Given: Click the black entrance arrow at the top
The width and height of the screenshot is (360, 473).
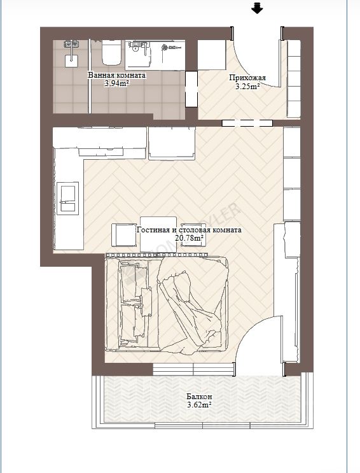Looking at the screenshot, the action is (x=257, y=8).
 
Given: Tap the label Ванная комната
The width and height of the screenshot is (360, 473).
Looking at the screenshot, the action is (x=116, y=75).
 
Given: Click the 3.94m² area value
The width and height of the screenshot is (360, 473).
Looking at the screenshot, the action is (x=116, y=83).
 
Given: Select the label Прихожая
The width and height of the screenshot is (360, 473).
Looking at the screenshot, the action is (x=247, y=78).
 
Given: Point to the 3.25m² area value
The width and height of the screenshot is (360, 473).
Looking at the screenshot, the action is (x=247, y=87).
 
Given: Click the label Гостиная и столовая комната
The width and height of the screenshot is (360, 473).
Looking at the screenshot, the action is (x=189, y=230).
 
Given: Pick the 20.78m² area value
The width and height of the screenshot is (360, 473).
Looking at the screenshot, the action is (x=189, y=238).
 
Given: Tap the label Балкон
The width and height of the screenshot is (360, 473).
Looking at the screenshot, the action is (x=199, y=397).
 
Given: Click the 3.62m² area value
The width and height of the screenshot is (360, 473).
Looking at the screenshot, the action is (x=199, y=405).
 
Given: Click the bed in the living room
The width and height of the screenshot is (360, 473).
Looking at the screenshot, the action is (x=167, y=302).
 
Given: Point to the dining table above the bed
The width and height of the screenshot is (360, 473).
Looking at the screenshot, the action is (x=158, y=234).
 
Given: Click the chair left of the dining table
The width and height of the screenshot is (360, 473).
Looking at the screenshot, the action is (x=124, y=236).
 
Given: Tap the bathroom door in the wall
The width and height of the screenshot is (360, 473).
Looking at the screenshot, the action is (x=191, y=89).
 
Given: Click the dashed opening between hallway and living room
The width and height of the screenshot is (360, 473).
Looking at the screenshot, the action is (x=247, y=123).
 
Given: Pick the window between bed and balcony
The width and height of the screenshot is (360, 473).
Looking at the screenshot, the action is (x=193, y=369).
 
